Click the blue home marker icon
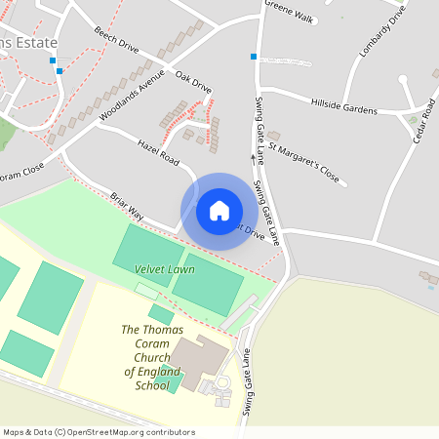coord(219,211)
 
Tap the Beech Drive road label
coord(116,46)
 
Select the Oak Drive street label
coord(193,82)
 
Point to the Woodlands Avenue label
coord(133,99)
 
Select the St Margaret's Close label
coord(303,165)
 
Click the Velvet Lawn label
coord(165,269)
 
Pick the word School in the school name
coord(151,385)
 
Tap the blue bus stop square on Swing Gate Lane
coord(254,57)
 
